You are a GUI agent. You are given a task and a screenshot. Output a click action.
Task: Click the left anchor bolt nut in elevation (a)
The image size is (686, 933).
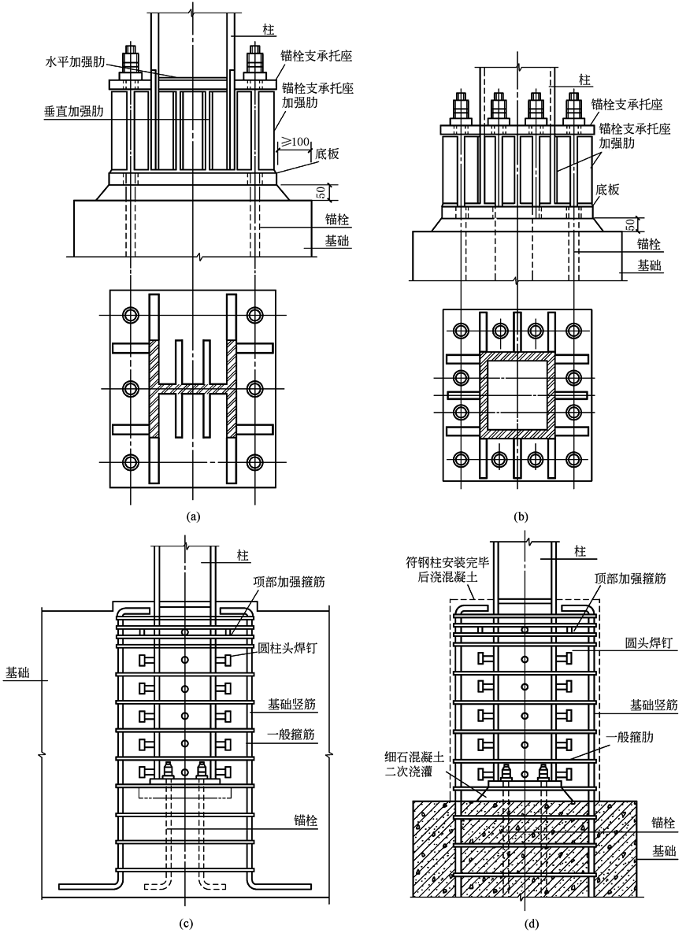[131, 61]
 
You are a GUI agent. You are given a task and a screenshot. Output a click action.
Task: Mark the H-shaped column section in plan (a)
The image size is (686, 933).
[193, 388]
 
